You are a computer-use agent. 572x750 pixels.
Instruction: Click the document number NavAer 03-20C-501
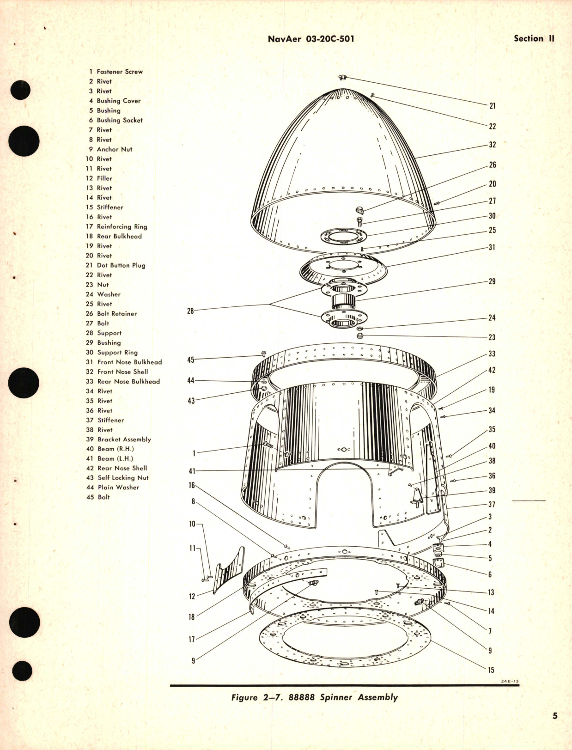311,39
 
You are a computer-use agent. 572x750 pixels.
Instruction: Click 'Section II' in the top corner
534,39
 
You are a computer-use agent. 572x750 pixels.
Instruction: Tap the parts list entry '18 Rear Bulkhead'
114,236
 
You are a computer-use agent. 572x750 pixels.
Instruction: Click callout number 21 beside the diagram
492,106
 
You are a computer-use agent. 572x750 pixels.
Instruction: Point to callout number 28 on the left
190,311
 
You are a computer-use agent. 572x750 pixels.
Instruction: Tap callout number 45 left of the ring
191,360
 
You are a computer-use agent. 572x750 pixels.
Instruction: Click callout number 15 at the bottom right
491,670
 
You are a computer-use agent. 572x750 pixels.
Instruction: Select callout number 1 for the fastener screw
194,453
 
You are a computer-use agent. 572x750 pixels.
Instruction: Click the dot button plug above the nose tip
342,77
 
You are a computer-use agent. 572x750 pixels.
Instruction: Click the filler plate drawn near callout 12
229,571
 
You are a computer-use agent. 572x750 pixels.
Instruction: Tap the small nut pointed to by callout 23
361,335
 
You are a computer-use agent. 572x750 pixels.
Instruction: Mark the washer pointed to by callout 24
360,328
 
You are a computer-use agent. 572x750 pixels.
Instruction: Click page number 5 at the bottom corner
555,716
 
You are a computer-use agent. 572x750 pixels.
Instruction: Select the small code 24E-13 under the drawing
510,681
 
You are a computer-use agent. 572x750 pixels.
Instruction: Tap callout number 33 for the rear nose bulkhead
492,354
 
